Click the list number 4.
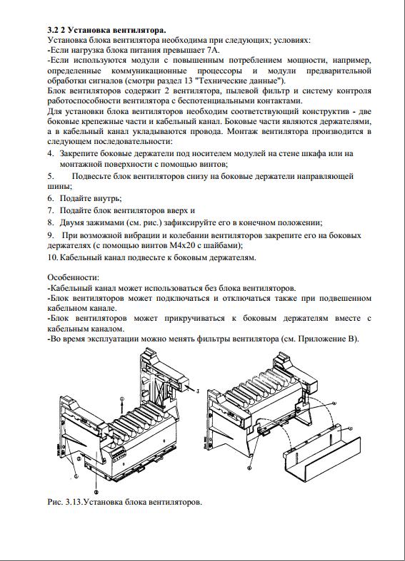(51, 153)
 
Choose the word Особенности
(73, 277)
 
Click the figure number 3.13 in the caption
(71, 502)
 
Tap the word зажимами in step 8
(106, 222)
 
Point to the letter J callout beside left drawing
(198, 391)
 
